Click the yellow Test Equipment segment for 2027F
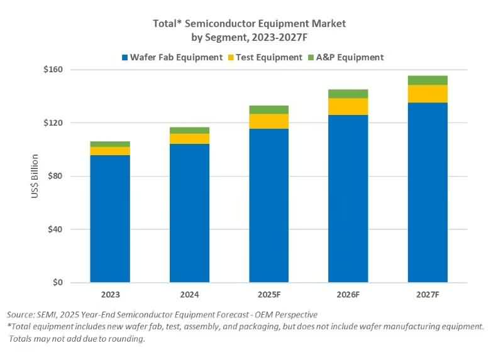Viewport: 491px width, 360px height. [x=428, y=94]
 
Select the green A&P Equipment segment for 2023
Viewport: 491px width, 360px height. [x=110, y=144]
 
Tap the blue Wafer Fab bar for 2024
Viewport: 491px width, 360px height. [x=189, y=213]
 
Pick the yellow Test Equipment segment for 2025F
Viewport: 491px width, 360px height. [x=268, y=121]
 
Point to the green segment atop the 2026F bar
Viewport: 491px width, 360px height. [x=348, y=94]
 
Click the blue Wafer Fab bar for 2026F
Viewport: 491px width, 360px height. [x=348, y=199]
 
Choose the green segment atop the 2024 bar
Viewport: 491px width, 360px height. [x=189, y=130]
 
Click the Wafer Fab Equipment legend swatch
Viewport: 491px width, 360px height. [x=125, y=57]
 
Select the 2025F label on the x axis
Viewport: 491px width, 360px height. [x=268, y=294]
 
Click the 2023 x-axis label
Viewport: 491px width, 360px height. [x=110, y=294]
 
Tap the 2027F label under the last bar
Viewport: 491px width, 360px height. [x=428, y=294]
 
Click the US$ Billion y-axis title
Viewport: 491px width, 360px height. [x=35, y=177]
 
